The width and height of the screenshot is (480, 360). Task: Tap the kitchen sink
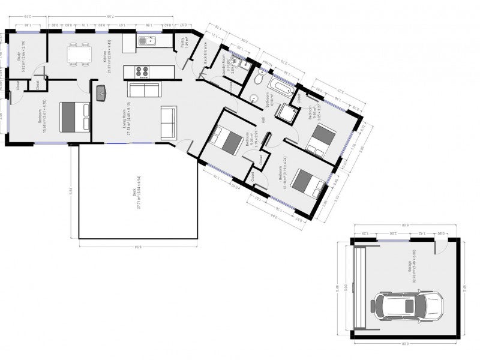pos(146,41)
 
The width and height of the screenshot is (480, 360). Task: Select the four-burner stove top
pos(142,72)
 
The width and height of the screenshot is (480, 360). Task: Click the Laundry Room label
pos(226,64)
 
